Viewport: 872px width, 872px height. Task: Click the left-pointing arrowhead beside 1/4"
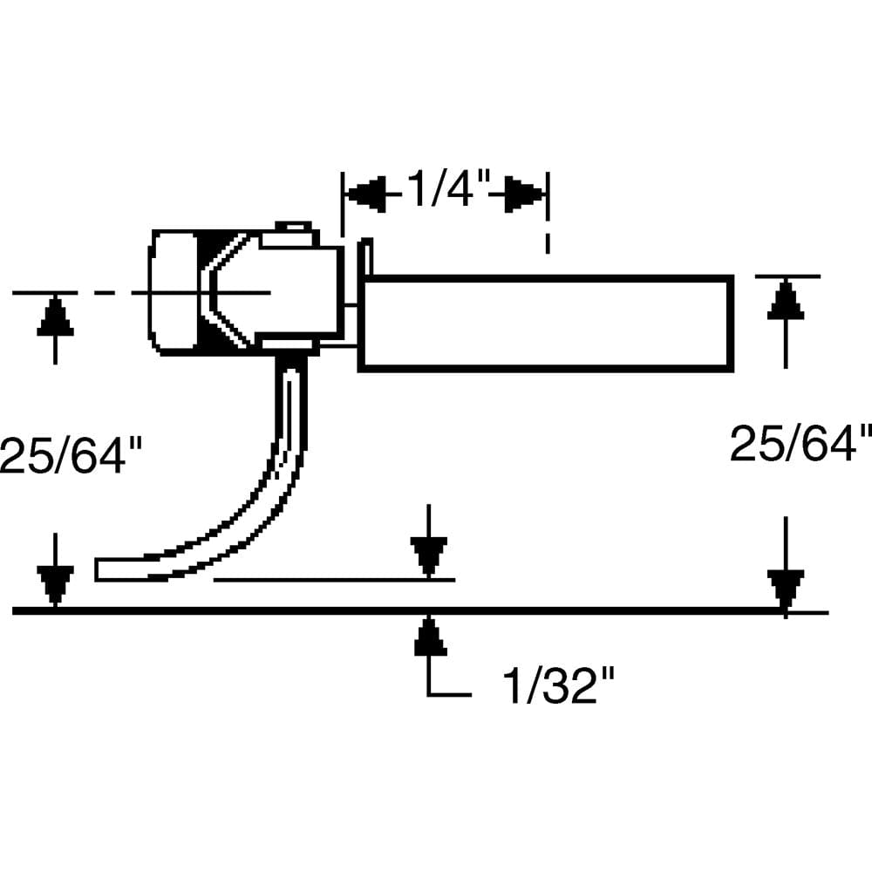366,194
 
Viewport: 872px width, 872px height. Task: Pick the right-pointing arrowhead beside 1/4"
521,194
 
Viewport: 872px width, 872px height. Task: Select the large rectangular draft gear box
546,324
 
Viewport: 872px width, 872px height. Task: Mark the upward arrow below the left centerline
55,318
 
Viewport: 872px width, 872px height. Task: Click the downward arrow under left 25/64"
55,582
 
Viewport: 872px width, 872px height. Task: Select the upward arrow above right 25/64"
787,301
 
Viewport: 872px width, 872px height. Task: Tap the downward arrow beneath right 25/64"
786,586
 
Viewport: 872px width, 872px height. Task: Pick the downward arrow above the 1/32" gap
428,554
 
